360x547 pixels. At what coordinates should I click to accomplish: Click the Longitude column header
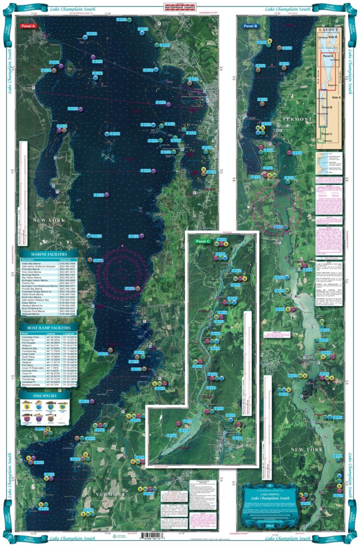pos(70,334)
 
